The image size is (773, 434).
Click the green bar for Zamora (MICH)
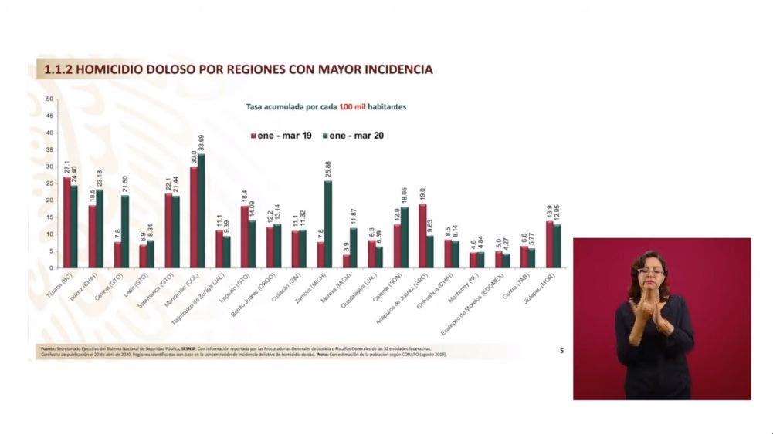point(327,224)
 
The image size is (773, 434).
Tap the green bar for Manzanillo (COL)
point(202,210)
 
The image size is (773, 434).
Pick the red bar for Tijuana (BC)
point(67,222)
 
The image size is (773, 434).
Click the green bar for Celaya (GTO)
point(125,231)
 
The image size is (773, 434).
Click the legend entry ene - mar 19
point(282,135)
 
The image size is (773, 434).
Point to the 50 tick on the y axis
point(49,99)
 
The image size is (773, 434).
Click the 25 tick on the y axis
point(49,183)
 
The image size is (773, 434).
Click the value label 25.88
point(327,170)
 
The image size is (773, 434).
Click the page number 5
point(562,351)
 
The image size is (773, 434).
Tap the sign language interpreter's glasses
point(651,271)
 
